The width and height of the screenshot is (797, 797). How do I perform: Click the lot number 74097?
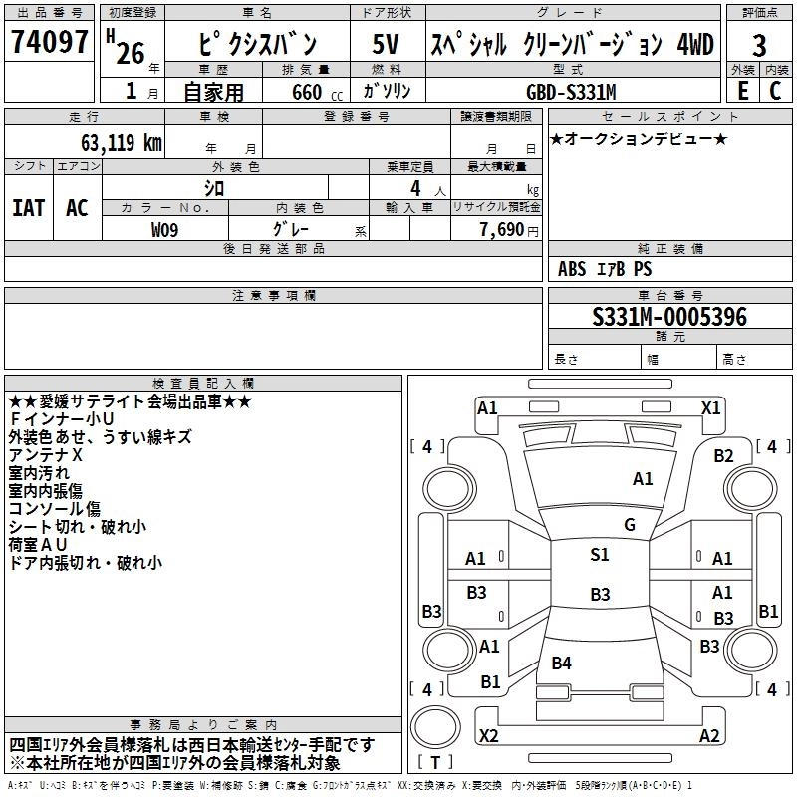pos(50,43)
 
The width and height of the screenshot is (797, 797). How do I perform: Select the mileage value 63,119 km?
pos(115,142)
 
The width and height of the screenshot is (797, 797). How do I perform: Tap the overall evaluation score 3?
pos(759,45)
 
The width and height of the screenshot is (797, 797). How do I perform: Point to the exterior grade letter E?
pos(742,90)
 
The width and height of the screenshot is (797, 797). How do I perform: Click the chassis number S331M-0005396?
pos(668,318)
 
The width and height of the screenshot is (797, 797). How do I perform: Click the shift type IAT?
pos(29,207)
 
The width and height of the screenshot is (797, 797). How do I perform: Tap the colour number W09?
pos(165,229)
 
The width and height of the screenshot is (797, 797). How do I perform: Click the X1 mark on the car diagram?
pos(711,407)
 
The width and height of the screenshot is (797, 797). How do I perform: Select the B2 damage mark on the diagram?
pos(724,456)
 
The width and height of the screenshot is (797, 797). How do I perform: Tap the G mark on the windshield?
pos(629,524)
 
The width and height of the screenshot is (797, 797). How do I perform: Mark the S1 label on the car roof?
pos(600,555)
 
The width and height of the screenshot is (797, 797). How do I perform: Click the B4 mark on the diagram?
pos(562,664)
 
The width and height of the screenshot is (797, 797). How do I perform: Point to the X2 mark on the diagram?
pos(488,735)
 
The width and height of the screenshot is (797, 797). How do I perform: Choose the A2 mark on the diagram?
pos(709,735)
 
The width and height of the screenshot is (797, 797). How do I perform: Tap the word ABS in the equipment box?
pos(573,269)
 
